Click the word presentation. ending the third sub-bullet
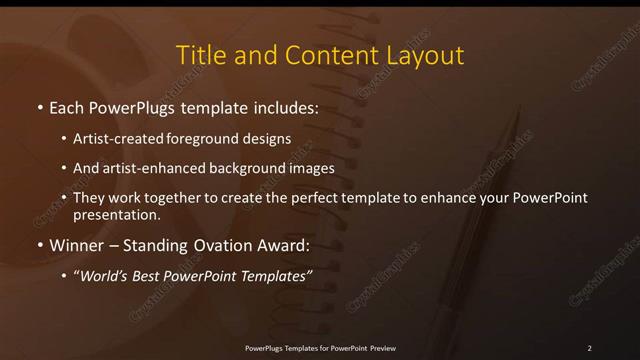[x=116, y=214]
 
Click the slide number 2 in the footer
[x=589, y=348]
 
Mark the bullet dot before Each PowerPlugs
[x=39, y=106]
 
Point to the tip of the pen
[x=519, y=113]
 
